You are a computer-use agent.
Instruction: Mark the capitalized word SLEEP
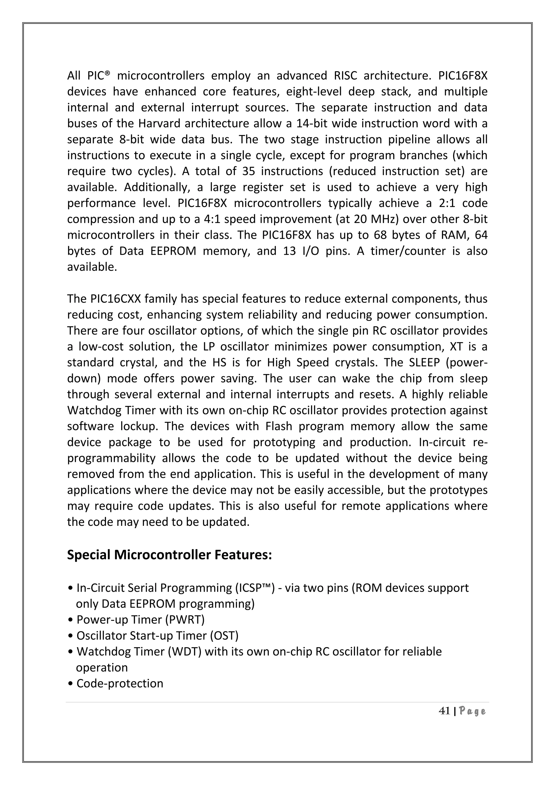pyautogui.click(x=424, y=362)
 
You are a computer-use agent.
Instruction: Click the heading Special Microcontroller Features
pyautogui.click(x=169, y=555)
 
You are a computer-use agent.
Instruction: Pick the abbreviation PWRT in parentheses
pyautogui.click(x=189, y=620)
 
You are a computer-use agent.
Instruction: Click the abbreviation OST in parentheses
pyautogui.click(x=224, y=636)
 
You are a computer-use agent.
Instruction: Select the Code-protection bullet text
pyautogui.click(x=120, y=684)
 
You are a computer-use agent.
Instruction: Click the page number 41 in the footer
pyautogui.click(x=444, y=711)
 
